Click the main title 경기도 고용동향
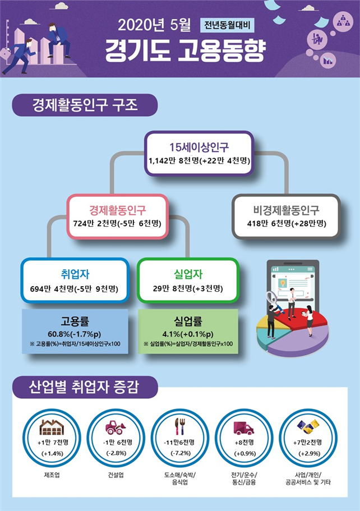[185, 51]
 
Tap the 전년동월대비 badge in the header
[227, 25]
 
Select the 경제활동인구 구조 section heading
[85, 105]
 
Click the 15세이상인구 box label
[199, 147]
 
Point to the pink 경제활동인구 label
[118, 210]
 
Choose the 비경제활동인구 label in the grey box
[287, 210]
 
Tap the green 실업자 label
[188, 274]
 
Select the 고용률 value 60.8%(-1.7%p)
[75, 334]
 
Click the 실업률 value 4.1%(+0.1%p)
[188, 334]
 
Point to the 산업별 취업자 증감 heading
[84, 387]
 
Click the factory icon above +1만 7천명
[52, 427]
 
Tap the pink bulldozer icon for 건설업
[116, 427]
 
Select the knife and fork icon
[179, 427]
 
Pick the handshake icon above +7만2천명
[308, 427]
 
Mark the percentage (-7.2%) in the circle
[180, 453]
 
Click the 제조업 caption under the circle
[52, 475]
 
